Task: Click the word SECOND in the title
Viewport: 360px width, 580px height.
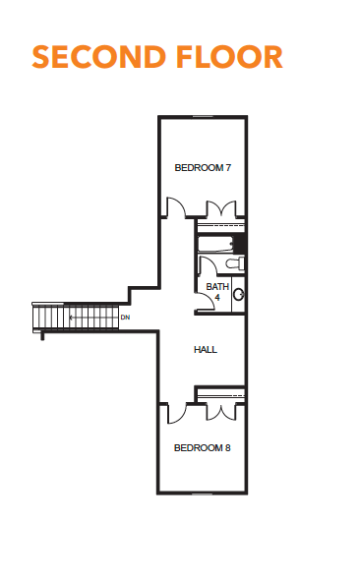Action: pos(98,57)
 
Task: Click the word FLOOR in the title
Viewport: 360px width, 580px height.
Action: pos(230,57)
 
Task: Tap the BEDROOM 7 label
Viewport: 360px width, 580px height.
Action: pos(203,167)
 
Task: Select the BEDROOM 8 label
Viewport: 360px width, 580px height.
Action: pos(202,448)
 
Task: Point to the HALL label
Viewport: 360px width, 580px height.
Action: pos(206,350)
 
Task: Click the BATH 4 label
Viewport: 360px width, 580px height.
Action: pos(217,292)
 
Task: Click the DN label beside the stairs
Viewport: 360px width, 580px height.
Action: pos(126,318)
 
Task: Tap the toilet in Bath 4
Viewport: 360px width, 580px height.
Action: pos(235,263)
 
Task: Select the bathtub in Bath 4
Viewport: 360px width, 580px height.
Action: pos(215,244)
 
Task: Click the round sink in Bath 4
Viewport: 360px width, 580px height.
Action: pos(239,295)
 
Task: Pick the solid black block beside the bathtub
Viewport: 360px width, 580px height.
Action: pos(240,244)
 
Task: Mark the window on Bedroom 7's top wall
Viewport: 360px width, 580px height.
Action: pos(204,117)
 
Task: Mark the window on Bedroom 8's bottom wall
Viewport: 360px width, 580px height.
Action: pos(203,493)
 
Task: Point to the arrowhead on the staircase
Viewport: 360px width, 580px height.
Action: pos(71,318)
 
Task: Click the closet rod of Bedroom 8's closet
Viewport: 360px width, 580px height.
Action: pos(221,395)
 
